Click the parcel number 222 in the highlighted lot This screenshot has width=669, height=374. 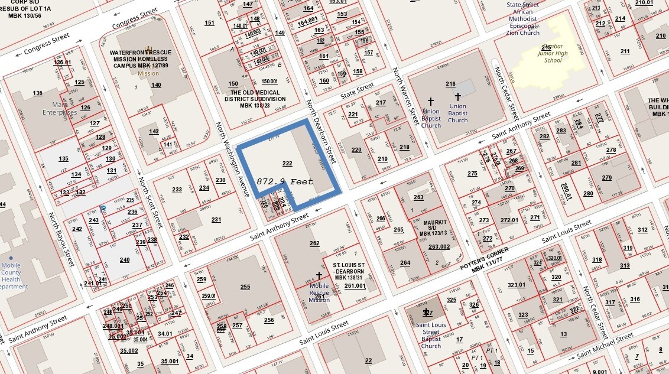click(287, 164)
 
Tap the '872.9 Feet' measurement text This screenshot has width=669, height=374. click(284, 182)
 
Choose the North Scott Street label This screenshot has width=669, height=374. click(150, 203)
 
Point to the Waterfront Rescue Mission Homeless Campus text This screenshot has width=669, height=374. click(140, 59)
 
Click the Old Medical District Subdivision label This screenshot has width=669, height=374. click(258, 99)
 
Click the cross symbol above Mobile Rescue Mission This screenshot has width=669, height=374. click(319, 275)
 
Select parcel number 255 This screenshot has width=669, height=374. click(245, 287)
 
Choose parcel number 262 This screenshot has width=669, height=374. click(314, 243)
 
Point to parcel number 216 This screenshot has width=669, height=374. click(450, 84)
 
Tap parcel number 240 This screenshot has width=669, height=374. click(125, 259)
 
